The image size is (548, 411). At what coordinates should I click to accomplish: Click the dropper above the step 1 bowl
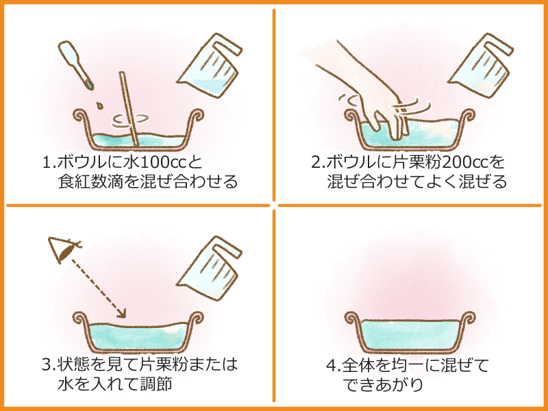(75, 65)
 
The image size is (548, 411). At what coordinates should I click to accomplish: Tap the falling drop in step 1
(99, 105)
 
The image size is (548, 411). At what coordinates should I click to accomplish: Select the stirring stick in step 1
(129, 109)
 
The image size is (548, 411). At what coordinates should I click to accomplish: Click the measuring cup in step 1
(210, 65)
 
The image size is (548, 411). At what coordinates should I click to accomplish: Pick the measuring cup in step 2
(481, 65)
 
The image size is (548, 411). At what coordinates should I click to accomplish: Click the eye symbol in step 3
(64, 249)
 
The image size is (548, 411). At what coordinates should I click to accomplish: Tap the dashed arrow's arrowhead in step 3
(121, 313)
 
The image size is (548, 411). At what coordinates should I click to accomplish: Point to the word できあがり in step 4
(383, 384)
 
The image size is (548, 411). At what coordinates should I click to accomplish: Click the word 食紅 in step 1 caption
(74, 182)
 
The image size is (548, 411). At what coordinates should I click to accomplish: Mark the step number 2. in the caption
(318, 162)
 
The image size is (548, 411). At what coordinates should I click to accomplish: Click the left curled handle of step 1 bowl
(82, 117)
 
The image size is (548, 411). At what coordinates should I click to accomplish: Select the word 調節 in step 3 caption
(155, 384)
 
